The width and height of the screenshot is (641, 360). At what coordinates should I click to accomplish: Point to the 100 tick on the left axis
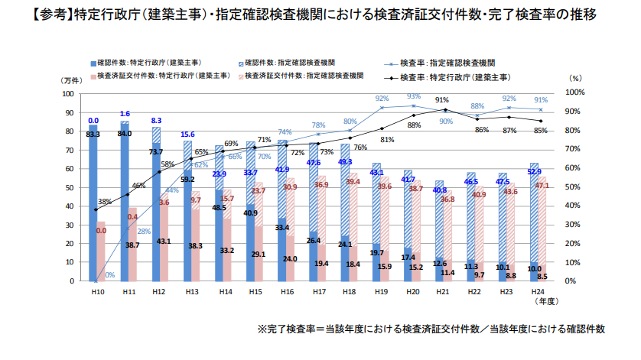pyautogui.click(x=67, y=93)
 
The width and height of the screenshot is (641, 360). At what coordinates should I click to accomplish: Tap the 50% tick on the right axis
pyautogui.click(x=576, y=186)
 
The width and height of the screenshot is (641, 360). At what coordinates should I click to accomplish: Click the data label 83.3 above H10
pyautogui.click(x=93, y=135)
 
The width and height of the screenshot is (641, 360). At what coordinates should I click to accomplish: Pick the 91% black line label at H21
pyautogui.click(x=441, y=100)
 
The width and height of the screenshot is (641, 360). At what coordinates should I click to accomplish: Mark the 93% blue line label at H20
pyautogui.click(x=414, y=97)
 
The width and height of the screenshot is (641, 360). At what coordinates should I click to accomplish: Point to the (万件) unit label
pyautogui.click(x=71, y=79)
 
